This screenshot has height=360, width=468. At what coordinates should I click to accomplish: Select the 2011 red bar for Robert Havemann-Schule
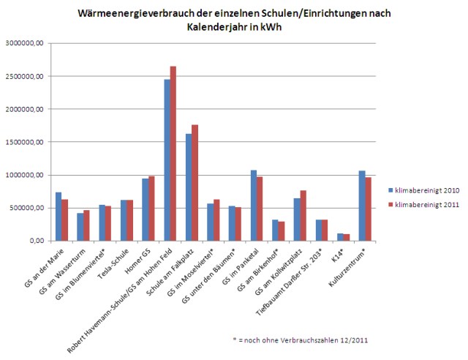(x=173, y=154)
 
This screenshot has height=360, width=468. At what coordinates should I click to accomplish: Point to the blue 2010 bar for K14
(x=341, y=237)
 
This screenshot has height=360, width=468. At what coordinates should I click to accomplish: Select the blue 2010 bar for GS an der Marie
(x=58, y=217)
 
